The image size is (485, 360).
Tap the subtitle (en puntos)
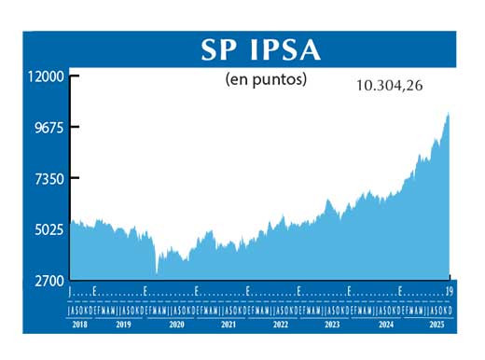[266, 79]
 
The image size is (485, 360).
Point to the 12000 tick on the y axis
[42, 76]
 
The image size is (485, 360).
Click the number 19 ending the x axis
[450, 291]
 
